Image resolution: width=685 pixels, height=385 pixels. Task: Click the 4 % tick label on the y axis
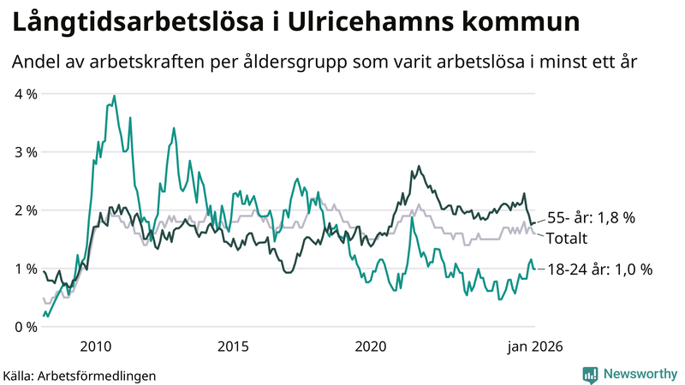25,93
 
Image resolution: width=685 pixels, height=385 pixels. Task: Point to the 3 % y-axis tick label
25,151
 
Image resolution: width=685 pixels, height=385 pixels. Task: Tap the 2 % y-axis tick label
25,210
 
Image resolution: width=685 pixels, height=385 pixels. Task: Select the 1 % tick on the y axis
25,268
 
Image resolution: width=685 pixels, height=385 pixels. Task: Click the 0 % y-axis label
25,326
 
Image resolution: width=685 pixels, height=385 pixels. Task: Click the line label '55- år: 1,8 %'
590,218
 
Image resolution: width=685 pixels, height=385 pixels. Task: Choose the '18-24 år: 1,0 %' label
599,269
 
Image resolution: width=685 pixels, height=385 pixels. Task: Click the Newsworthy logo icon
590,373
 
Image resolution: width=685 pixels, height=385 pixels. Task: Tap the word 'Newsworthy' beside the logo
639,373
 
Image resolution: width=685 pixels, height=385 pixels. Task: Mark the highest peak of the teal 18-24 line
114,96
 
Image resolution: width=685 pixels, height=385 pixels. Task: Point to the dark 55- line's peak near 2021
419,166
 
